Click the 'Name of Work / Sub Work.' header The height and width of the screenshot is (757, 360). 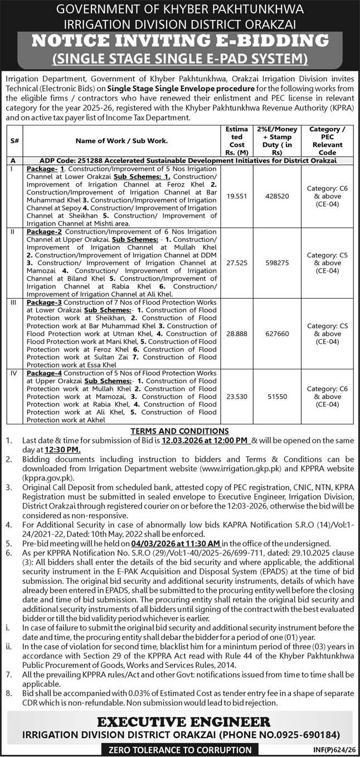122,141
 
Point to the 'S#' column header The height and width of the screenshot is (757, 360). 14,141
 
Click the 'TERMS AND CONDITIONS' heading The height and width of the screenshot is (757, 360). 179,431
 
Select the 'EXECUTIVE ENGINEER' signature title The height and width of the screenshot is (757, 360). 179,721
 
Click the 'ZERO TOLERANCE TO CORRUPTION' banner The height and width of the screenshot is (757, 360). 180,750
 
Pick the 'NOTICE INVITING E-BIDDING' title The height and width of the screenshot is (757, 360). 179,41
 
